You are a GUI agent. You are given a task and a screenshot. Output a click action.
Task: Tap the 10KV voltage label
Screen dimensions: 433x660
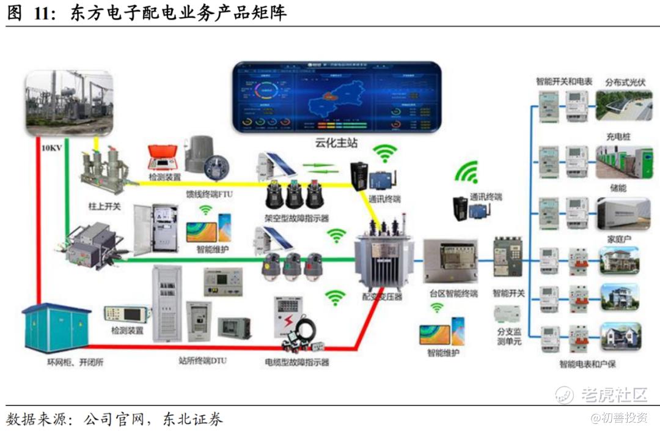51,148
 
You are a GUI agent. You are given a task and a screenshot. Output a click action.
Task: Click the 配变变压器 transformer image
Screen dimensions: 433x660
384,260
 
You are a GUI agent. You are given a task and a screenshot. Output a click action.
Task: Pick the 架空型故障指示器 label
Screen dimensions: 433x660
297,217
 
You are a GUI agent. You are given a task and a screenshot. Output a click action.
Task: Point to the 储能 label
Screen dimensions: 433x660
618,188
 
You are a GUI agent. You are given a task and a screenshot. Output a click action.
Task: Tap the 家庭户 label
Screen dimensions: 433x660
618,238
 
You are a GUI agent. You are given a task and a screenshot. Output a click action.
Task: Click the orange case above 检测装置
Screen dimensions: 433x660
164,158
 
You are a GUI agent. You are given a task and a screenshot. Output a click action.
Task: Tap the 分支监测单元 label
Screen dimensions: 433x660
508,336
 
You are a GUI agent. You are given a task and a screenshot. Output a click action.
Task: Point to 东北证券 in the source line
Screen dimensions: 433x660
193,419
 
